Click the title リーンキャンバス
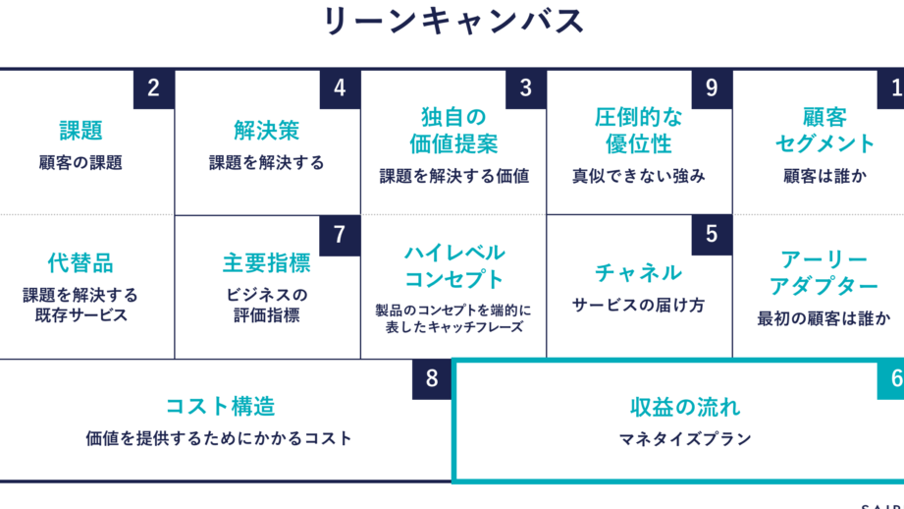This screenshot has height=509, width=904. (452, 22)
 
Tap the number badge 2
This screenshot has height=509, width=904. (153, 88)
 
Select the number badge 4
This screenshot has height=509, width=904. (340, 88)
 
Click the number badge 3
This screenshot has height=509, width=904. (525, 88)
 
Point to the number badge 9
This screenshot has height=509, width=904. (712, 88)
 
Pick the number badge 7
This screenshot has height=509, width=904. (340, 235)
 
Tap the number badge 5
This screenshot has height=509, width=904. (712, 235)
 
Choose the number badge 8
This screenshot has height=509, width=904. (432, 379)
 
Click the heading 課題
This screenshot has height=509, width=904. (80, 131)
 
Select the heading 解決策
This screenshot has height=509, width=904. (266, 131)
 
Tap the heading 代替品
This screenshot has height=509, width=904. (80, 263)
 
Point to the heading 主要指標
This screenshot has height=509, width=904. (266, 263)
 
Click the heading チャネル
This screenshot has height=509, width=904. (638, 272)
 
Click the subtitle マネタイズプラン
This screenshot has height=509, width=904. (685, 438)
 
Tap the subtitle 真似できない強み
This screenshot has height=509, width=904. (638, 177)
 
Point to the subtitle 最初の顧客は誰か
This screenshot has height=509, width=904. (824, 317)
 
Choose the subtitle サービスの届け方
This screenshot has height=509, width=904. (638, 306)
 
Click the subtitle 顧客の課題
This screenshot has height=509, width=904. (80, 163)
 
